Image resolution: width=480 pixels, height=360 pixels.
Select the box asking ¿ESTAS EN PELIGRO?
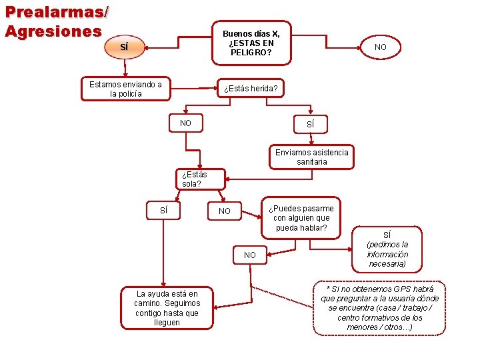click(251, 43)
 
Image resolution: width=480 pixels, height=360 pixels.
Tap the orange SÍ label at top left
click(123, 47)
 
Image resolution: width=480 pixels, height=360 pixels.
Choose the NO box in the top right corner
click(380, 47)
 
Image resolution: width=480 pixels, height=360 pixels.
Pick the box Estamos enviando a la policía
click(125, 89)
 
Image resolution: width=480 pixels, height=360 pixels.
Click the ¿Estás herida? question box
click(251, 89)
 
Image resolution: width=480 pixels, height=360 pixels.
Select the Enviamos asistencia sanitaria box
click(311, 157)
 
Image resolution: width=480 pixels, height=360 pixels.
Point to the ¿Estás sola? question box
click(195, 179)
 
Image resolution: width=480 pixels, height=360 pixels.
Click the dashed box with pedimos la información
click(387, 249)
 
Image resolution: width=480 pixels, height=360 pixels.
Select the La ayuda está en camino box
click(167, 308)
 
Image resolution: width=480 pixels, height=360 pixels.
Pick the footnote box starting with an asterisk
click(379, 308)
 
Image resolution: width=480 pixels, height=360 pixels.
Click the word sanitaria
click(311, 162)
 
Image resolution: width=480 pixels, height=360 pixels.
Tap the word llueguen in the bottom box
click(167, 323)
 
